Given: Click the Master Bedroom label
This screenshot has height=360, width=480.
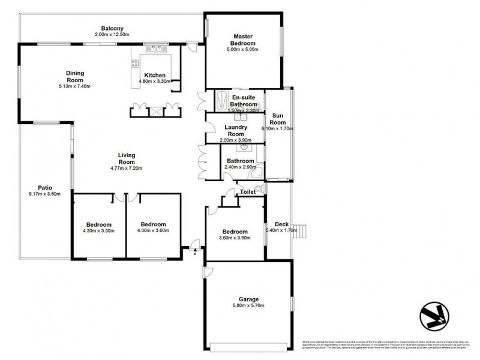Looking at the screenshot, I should point(244,40).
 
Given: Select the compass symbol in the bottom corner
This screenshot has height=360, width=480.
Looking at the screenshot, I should point(434,313).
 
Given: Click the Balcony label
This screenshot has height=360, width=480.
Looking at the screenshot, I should point(112,28).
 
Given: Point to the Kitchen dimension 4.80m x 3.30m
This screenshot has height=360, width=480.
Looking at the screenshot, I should point(155,80).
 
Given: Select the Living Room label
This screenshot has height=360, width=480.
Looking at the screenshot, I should point(126,158).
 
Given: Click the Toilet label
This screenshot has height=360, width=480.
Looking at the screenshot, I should point(248,192).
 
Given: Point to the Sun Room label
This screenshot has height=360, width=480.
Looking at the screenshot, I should point(278,118).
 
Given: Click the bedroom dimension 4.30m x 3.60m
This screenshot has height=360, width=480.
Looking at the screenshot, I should point(153,230).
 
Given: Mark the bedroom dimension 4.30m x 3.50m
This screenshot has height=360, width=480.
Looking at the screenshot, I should point(98,230).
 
